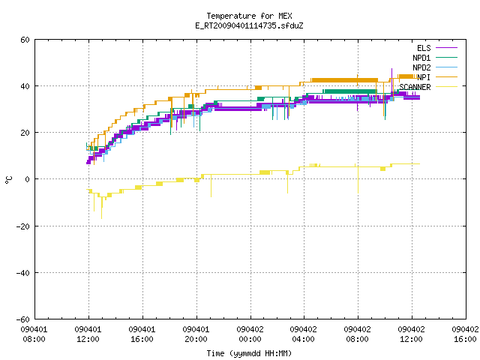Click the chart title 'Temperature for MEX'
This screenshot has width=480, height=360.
[x=249, y=16]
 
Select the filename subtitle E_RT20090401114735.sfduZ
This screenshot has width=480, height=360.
[x=249, y=25]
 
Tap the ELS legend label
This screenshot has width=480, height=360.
[x=424, y=48]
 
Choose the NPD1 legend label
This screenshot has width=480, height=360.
[x=421, y=58]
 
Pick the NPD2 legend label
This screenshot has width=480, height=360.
[x=421, y=67]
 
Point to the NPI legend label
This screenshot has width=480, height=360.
[x=424, y=77]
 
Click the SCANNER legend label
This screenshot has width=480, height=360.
[x=415, y=87]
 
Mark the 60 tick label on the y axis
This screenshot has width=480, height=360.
[x=25, y=40]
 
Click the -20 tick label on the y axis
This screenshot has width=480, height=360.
[x=23, y=226]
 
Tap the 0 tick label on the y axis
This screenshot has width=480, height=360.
[x=28, y=179]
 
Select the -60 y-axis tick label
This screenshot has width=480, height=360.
[x=23, y=319]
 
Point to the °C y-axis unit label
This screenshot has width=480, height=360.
[x=8, y=180]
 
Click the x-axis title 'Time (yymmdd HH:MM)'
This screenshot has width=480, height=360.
[x=249, y=353]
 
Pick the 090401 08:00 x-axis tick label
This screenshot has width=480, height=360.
[x=34, y=334]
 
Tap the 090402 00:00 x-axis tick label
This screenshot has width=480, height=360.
[x=250, y=334]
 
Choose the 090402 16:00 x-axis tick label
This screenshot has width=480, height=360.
[x=465, y=334]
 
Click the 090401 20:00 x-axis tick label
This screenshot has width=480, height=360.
[x=196, y=334]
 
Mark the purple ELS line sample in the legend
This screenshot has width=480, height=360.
[x=446, y=48]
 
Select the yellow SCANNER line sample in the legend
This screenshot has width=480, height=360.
[x=446, y=87]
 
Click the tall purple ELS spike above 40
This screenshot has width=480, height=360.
[x=391, y=80]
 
